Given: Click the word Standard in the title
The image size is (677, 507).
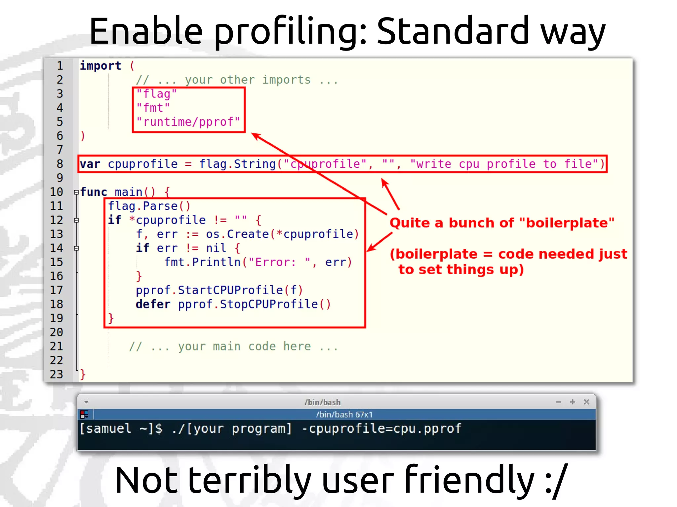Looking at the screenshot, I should click(453, 31).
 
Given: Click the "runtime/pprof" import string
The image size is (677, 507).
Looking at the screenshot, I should click(188, 122).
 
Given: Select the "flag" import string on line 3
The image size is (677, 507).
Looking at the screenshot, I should click(157, 94).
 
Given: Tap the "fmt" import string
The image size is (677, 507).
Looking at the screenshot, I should click(153, 108).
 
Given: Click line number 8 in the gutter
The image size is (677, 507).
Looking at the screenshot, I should click(60, 164).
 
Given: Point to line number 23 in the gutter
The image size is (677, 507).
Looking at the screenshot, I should click(57, 374).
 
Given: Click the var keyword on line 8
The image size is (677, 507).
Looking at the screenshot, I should click(90, 164).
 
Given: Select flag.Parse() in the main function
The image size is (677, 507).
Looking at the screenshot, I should click(149, 206).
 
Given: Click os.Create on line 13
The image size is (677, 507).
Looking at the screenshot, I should click(237, 234).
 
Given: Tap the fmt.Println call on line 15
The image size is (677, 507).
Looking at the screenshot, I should click(202, 262).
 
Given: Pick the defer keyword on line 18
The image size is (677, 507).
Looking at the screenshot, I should click(153, 304).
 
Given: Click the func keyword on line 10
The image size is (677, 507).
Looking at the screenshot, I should click(94, 192).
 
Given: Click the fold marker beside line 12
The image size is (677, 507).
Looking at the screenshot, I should click(76, 220).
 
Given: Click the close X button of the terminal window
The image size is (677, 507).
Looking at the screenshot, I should click(586, 402).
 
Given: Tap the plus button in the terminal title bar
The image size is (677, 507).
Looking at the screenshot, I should click(573, 402).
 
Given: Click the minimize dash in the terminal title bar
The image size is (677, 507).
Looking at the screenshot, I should click(559, 402).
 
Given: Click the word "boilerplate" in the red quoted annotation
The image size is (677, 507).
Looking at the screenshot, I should click(567, 223).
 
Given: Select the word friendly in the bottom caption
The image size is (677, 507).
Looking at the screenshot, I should click(469, 480).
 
